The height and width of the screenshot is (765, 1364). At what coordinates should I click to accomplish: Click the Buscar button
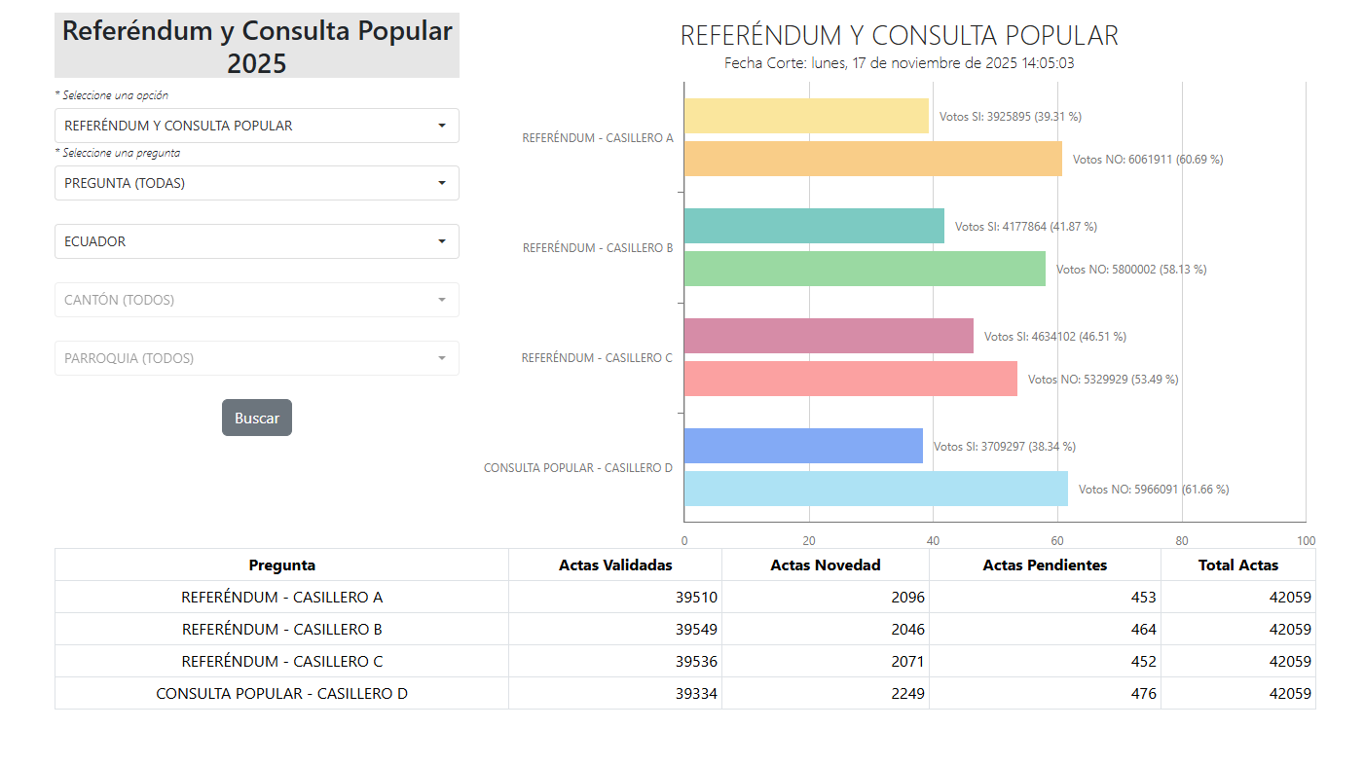(x=256, y=418)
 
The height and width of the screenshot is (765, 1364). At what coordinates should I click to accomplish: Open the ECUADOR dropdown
(x=256, y=241)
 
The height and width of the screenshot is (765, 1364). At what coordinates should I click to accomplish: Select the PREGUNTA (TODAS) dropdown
(x=256, y=183)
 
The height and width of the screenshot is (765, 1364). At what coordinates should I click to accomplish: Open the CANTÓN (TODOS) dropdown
(x=256, y=300)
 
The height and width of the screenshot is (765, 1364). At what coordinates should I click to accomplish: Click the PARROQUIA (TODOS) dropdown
(x=256, y=358)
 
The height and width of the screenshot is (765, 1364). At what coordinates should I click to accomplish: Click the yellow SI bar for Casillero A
(x=806, y=116)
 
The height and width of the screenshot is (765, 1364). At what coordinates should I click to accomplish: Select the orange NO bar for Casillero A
(x=872, y=159)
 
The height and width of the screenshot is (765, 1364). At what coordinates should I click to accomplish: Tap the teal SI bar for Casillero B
(x=814, y=226)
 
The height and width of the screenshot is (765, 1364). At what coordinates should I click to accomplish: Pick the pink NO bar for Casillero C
(x=850, y=379)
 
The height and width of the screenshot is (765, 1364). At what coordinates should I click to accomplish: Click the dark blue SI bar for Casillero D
(x=803, y=446)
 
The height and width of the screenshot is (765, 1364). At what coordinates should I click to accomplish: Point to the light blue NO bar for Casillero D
(x=875, y=489)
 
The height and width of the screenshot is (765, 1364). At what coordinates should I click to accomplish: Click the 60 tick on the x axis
(x=1057, y=541)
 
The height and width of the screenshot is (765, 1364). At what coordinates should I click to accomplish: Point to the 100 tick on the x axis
(x=1306, y=541)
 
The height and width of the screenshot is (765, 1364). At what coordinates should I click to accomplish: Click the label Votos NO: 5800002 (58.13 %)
(x=1130, y=270)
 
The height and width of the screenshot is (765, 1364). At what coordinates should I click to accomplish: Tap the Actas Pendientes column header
(x=1044, y=565)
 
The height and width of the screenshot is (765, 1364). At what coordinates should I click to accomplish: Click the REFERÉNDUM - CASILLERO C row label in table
(x=282, y=662)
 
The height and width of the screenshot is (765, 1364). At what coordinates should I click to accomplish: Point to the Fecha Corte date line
(x=899, y=63)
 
